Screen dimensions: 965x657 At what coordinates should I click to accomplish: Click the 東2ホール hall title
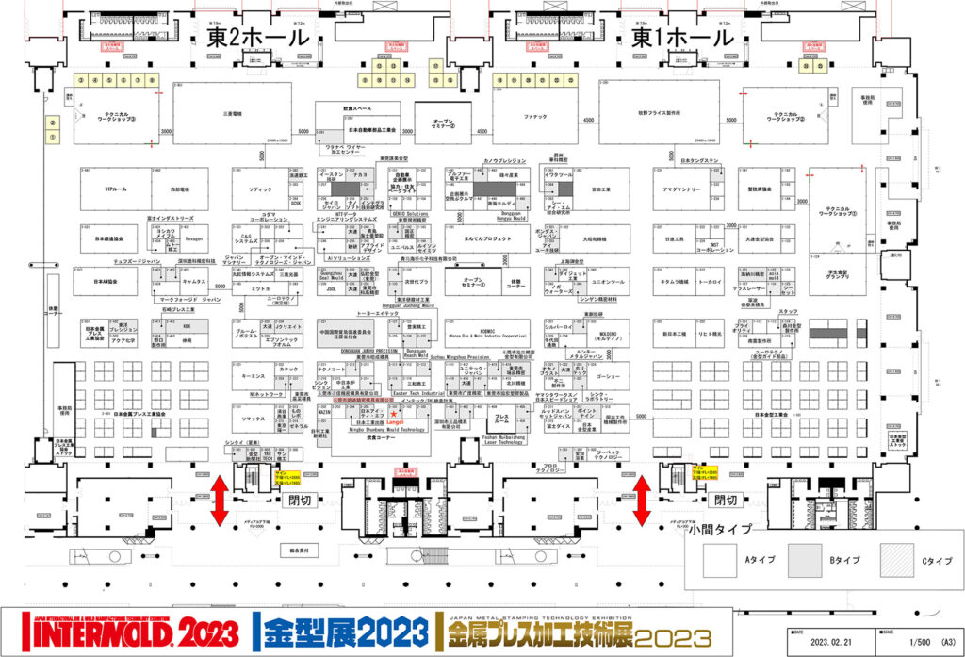point(257,38)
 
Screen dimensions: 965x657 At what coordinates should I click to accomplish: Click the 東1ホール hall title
point(681,38)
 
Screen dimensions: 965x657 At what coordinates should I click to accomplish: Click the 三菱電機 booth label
point(232,113)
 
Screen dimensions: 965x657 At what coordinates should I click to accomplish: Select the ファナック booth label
point(534,114)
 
